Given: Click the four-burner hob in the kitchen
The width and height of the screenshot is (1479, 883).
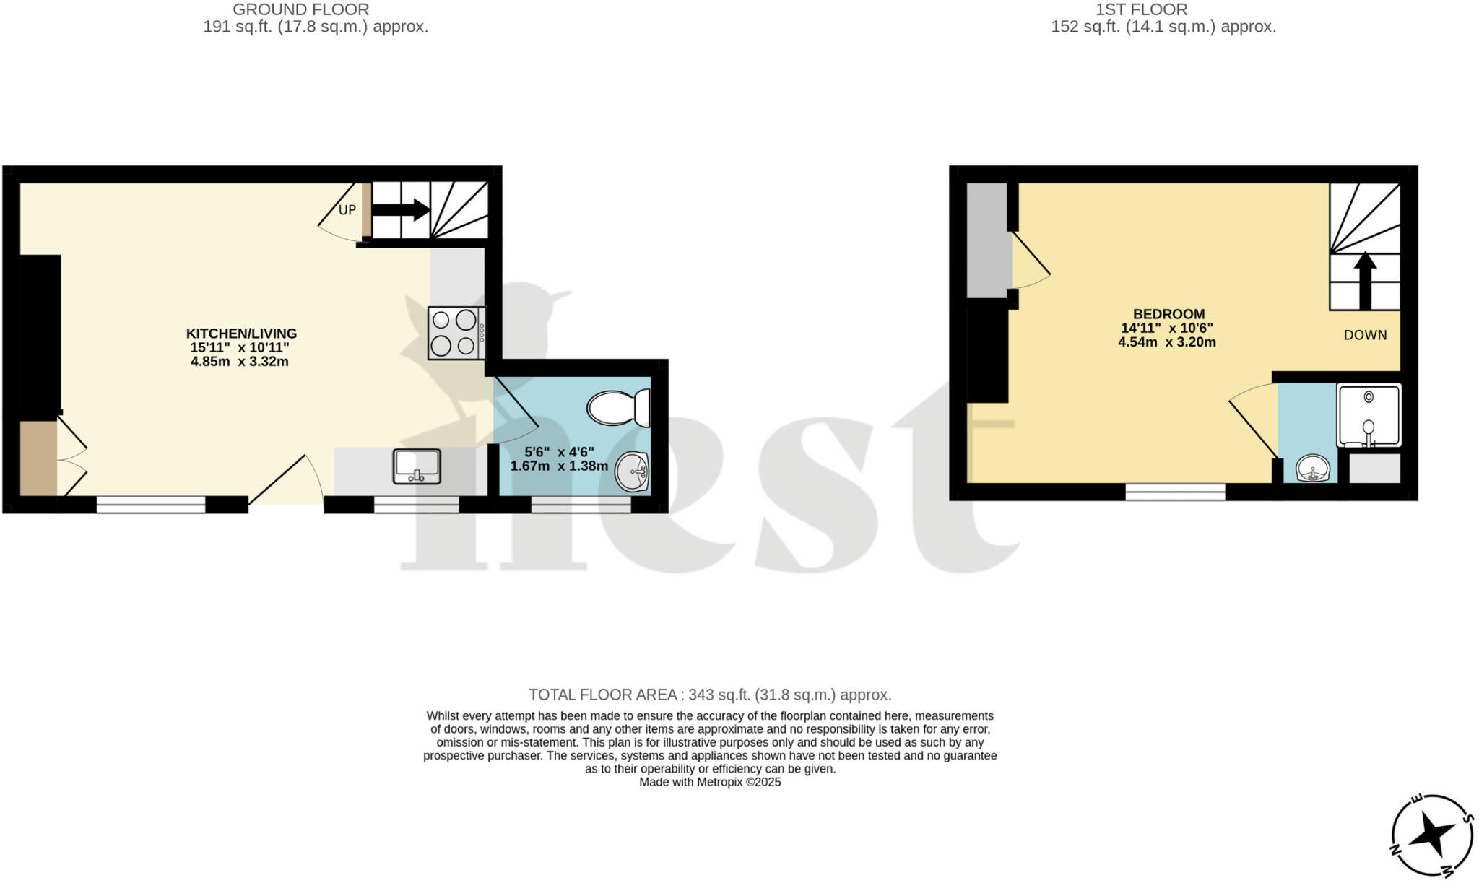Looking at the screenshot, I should tap(456, 333).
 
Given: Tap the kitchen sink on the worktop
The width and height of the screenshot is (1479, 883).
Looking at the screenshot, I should tap(417, 466).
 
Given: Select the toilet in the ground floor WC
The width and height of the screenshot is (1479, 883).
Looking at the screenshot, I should tap(619, 408).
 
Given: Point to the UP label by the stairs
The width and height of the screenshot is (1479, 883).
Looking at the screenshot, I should tap(347, 210).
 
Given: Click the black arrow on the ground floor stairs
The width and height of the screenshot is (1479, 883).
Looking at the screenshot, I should tap(401, 210).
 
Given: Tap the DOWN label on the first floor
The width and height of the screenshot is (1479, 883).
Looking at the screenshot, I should tap(1365, 335).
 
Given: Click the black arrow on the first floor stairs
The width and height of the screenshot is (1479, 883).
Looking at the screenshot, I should tap(1365, 280).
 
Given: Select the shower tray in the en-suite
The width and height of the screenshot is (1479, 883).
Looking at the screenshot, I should tap(1369, 415).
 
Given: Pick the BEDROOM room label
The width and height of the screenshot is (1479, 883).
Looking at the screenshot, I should tap(1168, 314).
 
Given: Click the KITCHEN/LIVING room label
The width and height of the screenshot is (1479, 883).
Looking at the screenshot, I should tap(241, 334).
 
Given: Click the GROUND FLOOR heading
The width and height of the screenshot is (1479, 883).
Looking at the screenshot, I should tap(301, 10).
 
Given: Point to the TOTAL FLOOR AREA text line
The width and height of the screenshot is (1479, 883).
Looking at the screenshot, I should tap(710, 695).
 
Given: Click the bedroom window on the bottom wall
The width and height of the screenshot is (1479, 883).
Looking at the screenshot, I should tap(1175, 492).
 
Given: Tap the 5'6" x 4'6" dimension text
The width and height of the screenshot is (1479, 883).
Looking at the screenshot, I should tap(559, 452).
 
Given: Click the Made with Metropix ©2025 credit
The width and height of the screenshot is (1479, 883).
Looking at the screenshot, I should tap(710, 782).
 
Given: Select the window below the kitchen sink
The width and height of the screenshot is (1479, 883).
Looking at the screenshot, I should tap(416, 505).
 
